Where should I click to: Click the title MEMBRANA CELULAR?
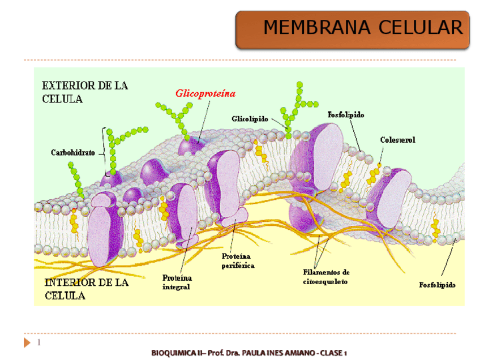tap(363, 27)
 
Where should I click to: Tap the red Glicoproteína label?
tap(205, 93)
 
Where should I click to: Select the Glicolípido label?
tap(250, 119)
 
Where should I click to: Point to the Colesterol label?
tap(397, 140)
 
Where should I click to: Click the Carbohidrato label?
tap(74, 152)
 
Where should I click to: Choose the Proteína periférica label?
tap(238, 261)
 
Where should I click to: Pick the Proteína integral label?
tap(177, 282)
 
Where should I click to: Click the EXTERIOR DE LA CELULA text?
tap(85, 92)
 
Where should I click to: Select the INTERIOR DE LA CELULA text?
tap(86, 289)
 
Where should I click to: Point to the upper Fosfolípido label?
tap(346, 114)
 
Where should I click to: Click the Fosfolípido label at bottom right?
tap(437, 285)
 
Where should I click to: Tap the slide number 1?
tap(39, 343)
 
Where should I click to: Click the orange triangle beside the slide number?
tap(27, 343)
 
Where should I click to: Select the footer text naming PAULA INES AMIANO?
tap(248, 353)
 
